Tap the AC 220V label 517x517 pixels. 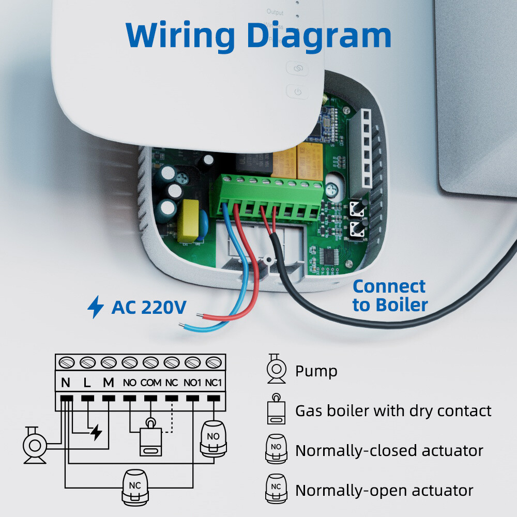[x=149, y=307]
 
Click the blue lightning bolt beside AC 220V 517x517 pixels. [x=95, y=307]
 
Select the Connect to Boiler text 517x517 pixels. [x=390, y=295]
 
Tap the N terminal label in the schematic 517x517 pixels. [x=66, y=383]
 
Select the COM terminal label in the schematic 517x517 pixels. [x=150, y=384]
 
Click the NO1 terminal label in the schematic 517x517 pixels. [x=192, y=384]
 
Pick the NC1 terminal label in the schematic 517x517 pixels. [x=213, y=384]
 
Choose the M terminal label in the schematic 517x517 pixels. [x=108, y=383]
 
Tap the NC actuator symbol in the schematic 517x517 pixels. [x=136, y=485]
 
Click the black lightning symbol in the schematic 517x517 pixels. [x=96, y=432]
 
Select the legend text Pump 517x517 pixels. [x=316, y=371]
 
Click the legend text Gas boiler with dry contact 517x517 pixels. [x=393, y=411]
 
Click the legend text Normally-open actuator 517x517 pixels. [x=384, y=490]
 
